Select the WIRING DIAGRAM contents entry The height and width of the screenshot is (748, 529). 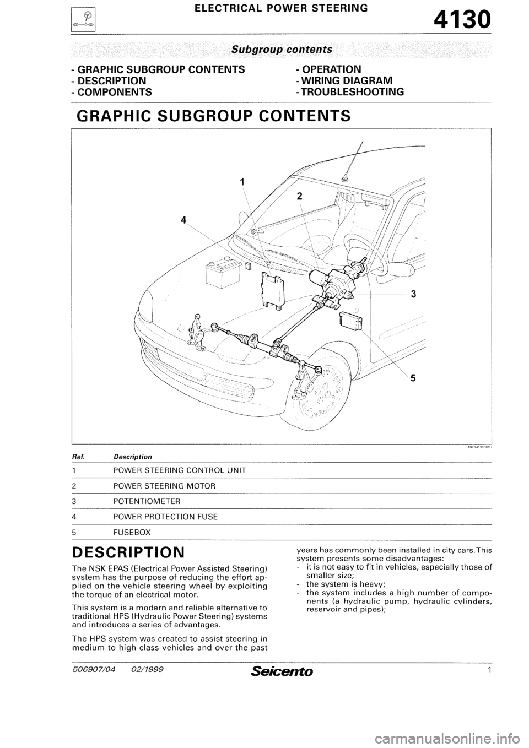[x=344, y=80]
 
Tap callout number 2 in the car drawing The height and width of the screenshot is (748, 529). [x=300, y=196]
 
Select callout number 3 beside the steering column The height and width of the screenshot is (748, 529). [x=413, y=295]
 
